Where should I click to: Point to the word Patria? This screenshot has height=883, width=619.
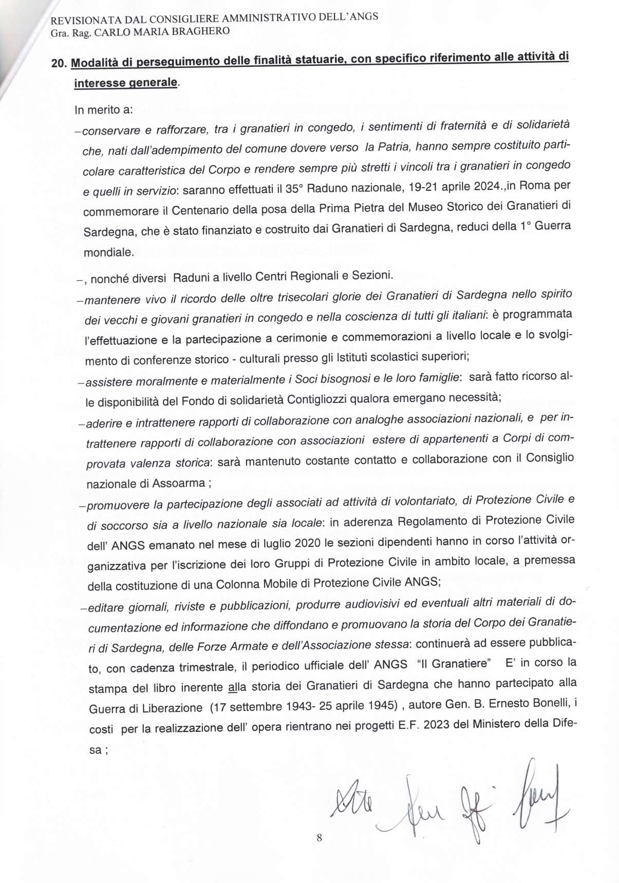[395, 146]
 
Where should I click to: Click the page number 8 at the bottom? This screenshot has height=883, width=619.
[320, 838]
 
